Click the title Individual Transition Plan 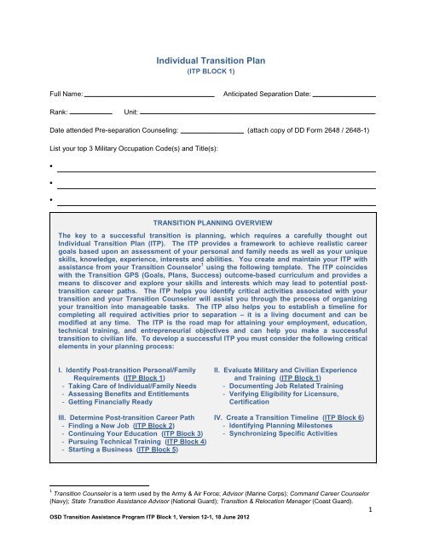(211, 61)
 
